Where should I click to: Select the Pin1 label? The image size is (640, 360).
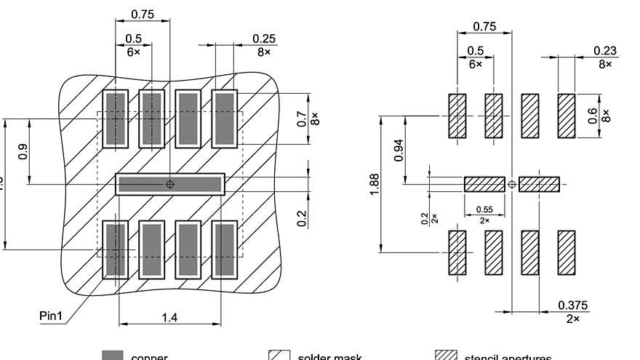53,316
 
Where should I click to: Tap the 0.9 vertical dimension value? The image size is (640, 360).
23,152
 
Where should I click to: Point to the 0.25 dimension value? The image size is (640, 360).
263,39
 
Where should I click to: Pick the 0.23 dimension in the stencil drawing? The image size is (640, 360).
604,50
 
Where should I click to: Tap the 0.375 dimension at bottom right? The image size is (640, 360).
572,305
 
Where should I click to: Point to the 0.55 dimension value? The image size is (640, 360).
484,209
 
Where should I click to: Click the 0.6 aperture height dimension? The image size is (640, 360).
593,116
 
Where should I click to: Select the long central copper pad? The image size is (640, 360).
170,184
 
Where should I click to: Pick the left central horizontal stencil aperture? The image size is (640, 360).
484,184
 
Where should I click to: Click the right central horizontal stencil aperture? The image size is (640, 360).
539,184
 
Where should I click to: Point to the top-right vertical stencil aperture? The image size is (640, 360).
566,116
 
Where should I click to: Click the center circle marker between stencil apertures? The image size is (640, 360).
512,184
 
